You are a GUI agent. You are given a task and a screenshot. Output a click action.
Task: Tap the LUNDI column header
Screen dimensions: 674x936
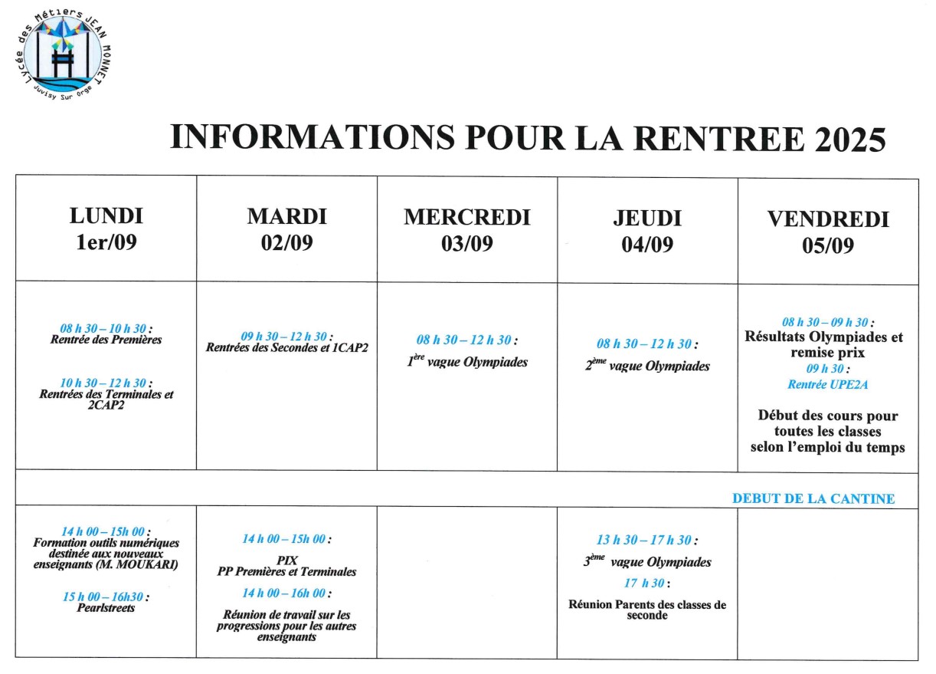pos(106,216)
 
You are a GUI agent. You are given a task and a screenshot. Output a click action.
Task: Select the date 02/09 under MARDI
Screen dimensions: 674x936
pos(286,243)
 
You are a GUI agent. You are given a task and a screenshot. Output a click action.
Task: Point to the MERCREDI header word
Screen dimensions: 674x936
pos(466,217)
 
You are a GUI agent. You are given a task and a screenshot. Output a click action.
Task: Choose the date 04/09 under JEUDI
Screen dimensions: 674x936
pos(647,245)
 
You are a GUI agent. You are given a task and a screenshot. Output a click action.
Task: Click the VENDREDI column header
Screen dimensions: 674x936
pos(827,220)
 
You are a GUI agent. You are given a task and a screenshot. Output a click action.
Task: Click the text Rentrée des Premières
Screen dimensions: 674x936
pos(106,340)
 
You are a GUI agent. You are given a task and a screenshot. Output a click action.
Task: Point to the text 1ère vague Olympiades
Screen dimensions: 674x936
pos(467,362)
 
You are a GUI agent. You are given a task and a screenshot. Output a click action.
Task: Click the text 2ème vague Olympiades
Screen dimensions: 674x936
pos(647,366)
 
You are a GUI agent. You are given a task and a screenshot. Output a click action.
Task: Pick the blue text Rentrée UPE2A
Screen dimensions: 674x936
pos(827,383)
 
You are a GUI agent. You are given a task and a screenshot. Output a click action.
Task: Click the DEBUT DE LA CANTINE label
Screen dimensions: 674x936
pos(813,498)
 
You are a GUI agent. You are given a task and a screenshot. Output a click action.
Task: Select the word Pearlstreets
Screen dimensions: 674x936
pos(106,608)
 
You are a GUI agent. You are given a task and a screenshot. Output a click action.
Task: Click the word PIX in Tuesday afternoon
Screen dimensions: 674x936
pos(286,561)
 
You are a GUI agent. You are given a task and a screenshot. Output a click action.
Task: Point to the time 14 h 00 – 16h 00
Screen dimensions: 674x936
pos(286,593)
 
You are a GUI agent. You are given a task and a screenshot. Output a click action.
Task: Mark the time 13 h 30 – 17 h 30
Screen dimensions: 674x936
pos(647,541)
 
